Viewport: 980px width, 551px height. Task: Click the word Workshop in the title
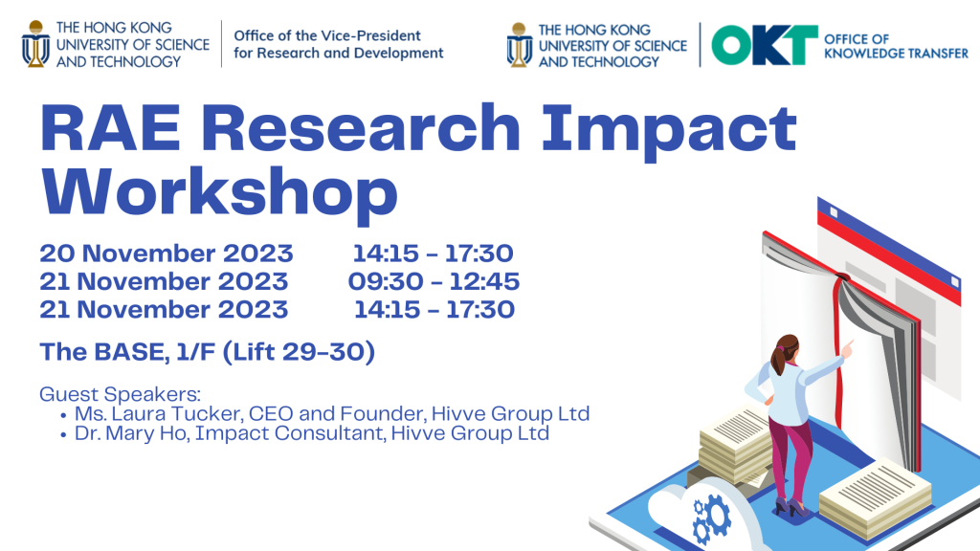click(x=219, y=192)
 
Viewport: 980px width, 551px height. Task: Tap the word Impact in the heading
click(x=669, y=130)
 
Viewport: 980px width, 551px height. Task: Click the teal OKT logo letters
click(x=765, y=44)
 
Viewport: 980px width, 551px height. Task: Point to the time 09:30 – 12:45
click(x=434, y=281)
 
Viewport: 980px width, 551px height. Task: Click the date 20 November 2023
click(x=167, y=253)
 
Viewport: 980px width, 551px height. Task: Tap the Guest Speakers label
click(x=120, y=394)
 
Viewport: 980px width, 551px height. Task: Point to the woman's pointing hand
click(x=848, y=349)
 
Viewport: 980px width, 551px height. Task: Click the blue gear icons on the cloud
click(x=711, y=518)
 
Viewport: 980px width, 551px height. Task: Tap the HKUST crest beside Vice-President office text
click(x=35, y=44)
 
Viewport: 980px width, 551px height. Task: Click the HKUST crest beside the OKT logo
click(x=519, y=45)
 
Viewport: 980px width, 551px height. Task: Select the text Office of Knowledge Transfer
click(x=896, y=46)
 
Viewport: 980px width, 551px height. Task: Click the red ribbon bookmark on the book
click(x=838, y=350)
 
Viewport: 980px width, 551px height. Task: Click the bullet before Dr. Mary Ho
click(x=63, y=434)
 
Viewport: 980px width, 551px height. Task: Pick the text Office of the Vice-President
click(x=327, y=35)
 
